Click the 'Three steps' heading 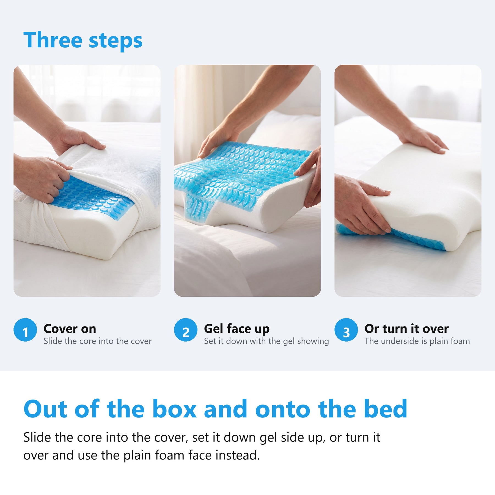pyautogui.click(x=83, y=40)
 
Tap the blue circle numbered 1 pyautogui.click(x=25, y=330)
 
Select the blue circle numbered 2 pyautogui.click(x=186, y=330)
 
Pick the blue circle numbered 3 pyautogui.click(x=346, y=330)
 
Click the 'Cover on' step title pyautogui.click(x=70, y=329)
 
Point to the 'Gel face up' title pyautogui.click(x=237, y=329)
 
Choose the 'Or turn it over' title pyautogui.click(x=406, y=329)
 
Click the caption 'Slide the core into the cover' pyautogui.click(x=98, y=341)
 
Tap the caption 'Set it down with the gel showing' pyautogui.click(x=266, y=342)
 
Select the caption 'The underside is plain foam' pyautogui.click(x=417, y=341)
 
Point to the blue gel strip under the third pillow pyautogui.click(x=391, y=237)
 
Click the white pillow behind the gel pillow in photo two pyautogui.click(x=286, y=132)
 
